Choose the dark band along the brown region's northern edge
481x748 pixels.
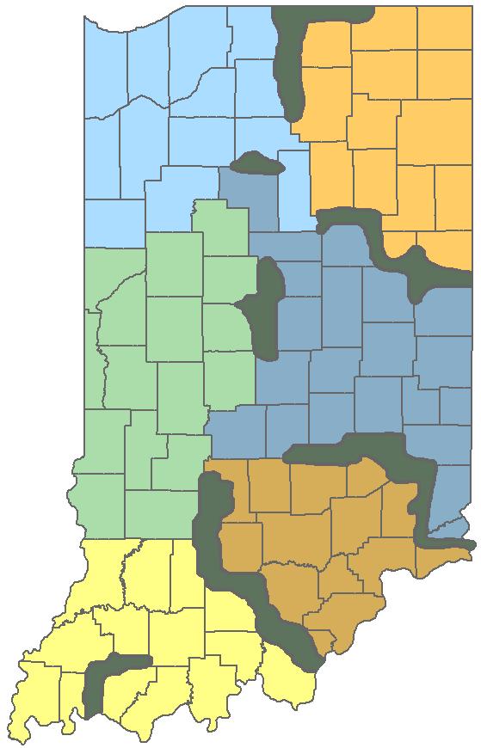pos(361,451)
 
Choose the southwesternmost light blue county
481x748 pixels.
pos(112,224)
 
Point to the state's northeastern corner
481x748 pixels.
pos(470,9)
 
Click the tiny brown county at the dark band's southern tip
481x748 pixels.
pos(324,641)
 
